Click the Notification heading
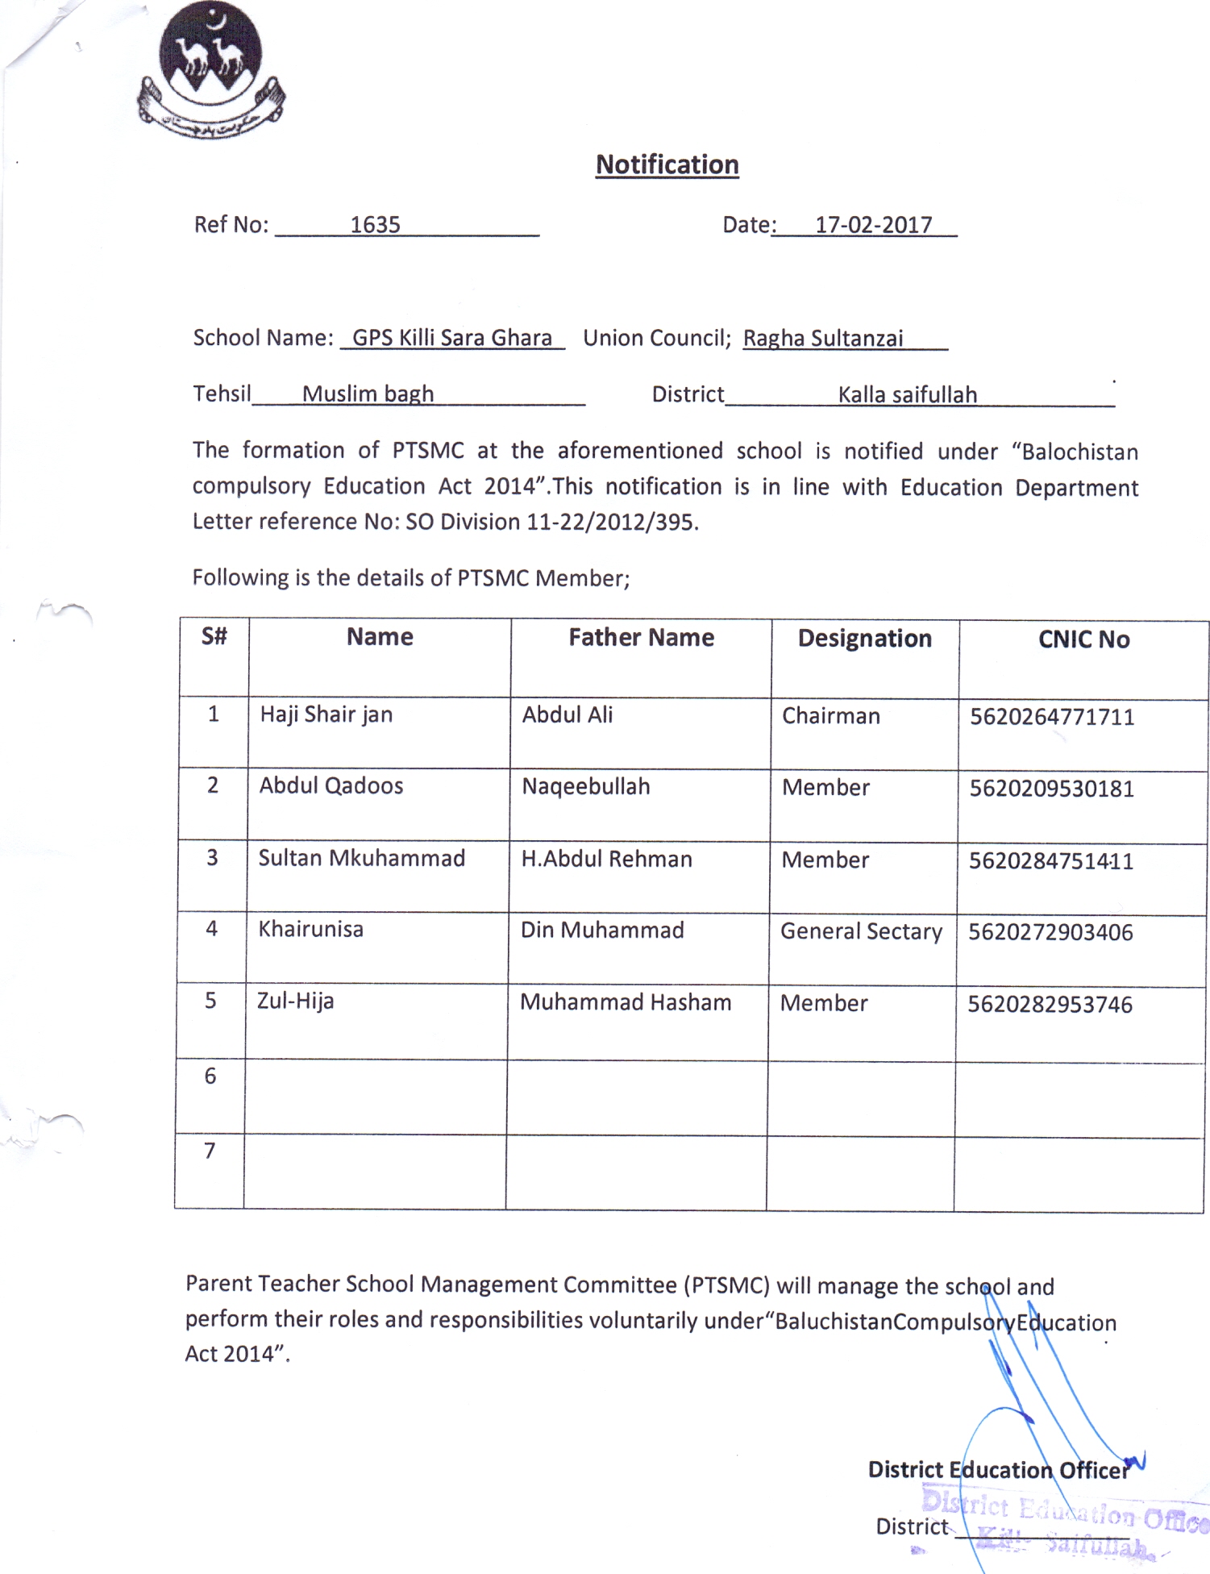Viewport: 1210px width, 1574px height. [667, 164]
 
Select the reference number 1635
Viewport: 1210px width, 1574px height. [375, 225]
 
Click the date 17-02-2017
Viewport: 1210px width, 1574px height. [873, 225]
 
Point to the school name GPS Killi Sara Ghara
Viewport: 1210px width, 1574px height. [452, 338]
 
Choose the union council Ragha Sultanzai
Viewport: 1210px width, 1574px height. [822, 339]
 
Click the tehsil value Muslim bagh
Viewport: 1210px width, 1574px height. [368, 394]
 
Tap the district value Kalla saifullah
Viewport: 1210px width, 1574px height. [907, 395]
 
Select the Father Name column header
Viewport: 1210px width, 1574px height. [641, 638]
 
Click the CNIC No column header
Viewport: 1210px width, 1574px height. [1083, 639]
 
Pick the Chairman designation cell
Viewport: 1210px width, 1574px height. [830, 716]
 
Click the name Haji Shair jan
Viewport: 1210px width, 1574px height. [326, 714]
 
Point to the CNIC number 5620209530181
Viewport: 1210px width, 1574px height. [1051, 789]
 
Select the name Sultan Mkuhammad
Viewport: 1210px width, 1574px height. [361, 858]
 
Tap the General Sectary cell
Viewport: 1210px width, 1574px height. [861, 931]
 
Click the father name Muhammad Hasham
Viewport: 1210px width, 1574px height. [626, 1002]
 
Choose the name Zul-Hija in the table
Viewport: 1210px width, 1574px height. [295, 1001]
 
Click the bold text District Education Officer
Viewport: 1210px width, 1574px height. [998, 1470]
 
